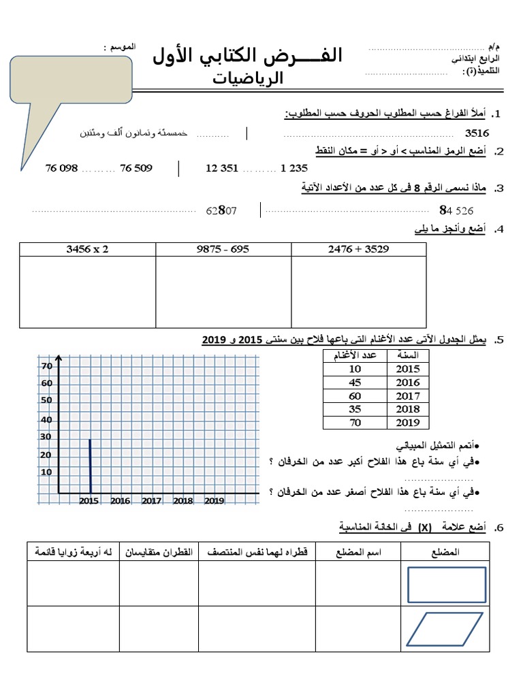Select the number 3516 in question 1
[477, 133]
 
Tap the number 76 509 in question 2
[136, 168]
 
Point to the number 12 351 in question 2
[222, 168]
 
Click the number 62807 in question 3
[221, 211]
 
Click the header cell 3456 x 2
[87, 249]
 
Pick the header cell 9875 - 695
[223, 249]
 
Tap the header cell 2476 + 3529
[358, 249]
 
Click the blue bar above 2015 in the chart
[90, 466]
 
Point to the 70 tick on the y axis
[46, 366]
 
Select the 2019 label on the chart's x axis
[214, 501]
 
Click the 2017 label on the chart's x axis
[151, 501]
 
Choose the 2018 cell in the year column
[408, 410]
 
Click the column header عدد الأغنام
[353, 355]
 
